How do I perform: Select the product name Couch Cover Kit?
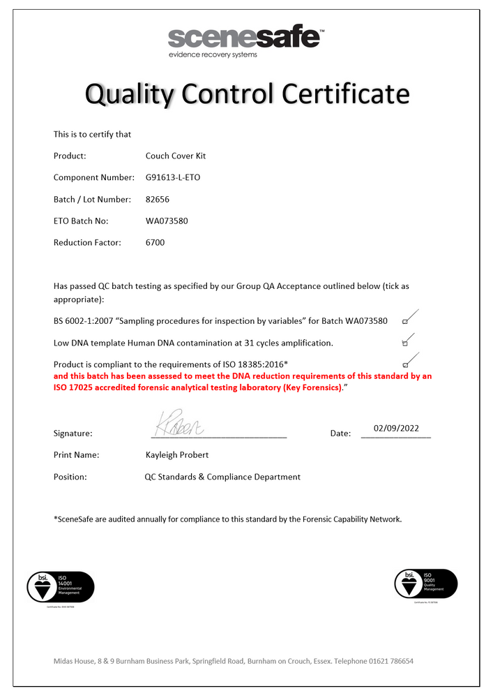point(176,156)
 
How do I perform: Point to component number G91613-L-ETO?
point(173,177)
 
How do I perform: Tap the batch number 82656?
point(158,199)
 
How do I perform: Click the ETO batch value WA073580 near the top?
point(167,221)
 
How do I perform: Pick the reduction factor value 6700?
point(156,242)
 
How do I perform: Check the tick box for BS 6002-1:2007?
point(405,322)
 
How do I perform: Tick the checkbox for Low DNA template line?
point(405,343)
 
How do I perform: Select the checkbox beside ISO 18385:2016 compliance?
point(405,365)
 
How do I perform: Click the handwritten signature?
point(179,424)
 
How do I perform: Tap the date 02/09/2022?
point(396,429)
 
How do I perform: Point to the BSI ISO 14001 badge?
point(60,586)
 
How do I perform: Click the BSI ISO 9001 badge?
point(426,584)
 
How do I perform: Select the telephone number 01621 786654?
point(390,661)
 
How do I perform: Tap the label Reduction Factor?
point(87,242)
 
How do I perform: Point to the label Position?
point(70,477)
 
